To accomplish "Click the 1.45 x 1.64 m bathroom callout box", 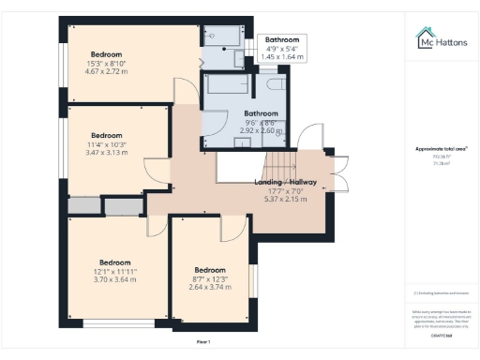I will (x=282, y=49).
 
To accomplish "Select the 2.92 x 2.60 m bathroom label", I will (x=262, y=126).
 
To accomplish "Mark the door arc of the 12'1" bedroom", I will (x=159, y=226).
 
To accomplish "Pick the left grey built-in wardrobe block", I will (x=82, y=205).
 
